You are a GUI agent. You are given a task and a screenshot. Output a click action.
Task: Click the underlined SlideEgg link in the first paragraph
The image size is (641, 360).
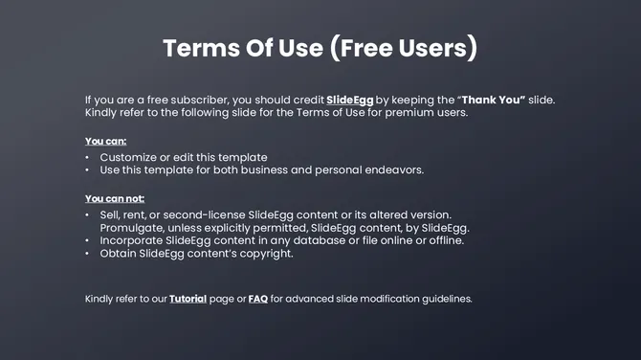tap(349, 100)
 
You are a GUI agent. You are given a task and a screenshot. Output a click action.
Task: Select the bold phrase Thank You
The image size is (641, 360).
tap(492, 100)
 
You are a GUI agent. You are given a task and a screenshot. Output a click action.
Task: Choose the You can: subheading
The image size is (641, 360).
tap(105, 142)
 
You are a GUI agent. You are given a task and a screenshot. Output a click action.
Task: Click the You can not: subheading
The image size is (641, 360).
tap(115, 198)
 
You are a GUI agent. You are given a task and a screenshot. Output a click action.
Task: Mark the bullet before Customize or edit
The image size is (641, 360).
tap(87, 157)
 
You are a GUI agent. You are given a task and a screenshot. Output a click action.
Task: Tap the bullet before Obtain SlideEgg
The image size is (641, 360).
tap(87, 254)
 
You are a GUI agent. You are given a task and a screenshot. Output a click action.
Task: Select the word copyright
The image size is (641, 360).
tap(263, 254)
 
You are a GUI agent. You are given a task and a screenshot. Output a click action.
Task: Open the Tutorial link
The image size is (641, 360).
tap(188, 299)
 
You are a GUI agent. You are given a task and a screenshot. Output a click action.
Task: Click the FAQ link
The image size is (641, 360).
tap(257, 299)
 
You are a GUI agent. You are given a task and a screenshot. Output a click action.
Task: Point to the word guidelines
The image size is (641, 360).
tap(445, 299)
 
